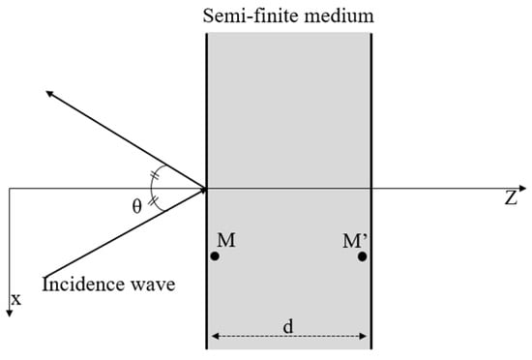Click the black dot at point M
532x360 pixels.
coord(214,256)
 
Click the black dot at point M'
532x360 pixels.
coord(363,256)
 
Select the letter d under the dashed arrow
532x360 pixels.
coord(288,324)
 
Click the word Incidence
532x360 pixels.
coord(81,285)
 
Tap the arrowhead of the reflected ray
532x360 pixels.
coord(45,94)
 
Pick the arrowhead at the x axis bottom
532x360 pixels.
coord(8,309)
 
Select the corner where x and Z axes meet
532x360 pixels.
coord(8,189)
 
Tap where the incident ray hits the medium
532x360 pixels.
coord(206,189)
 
